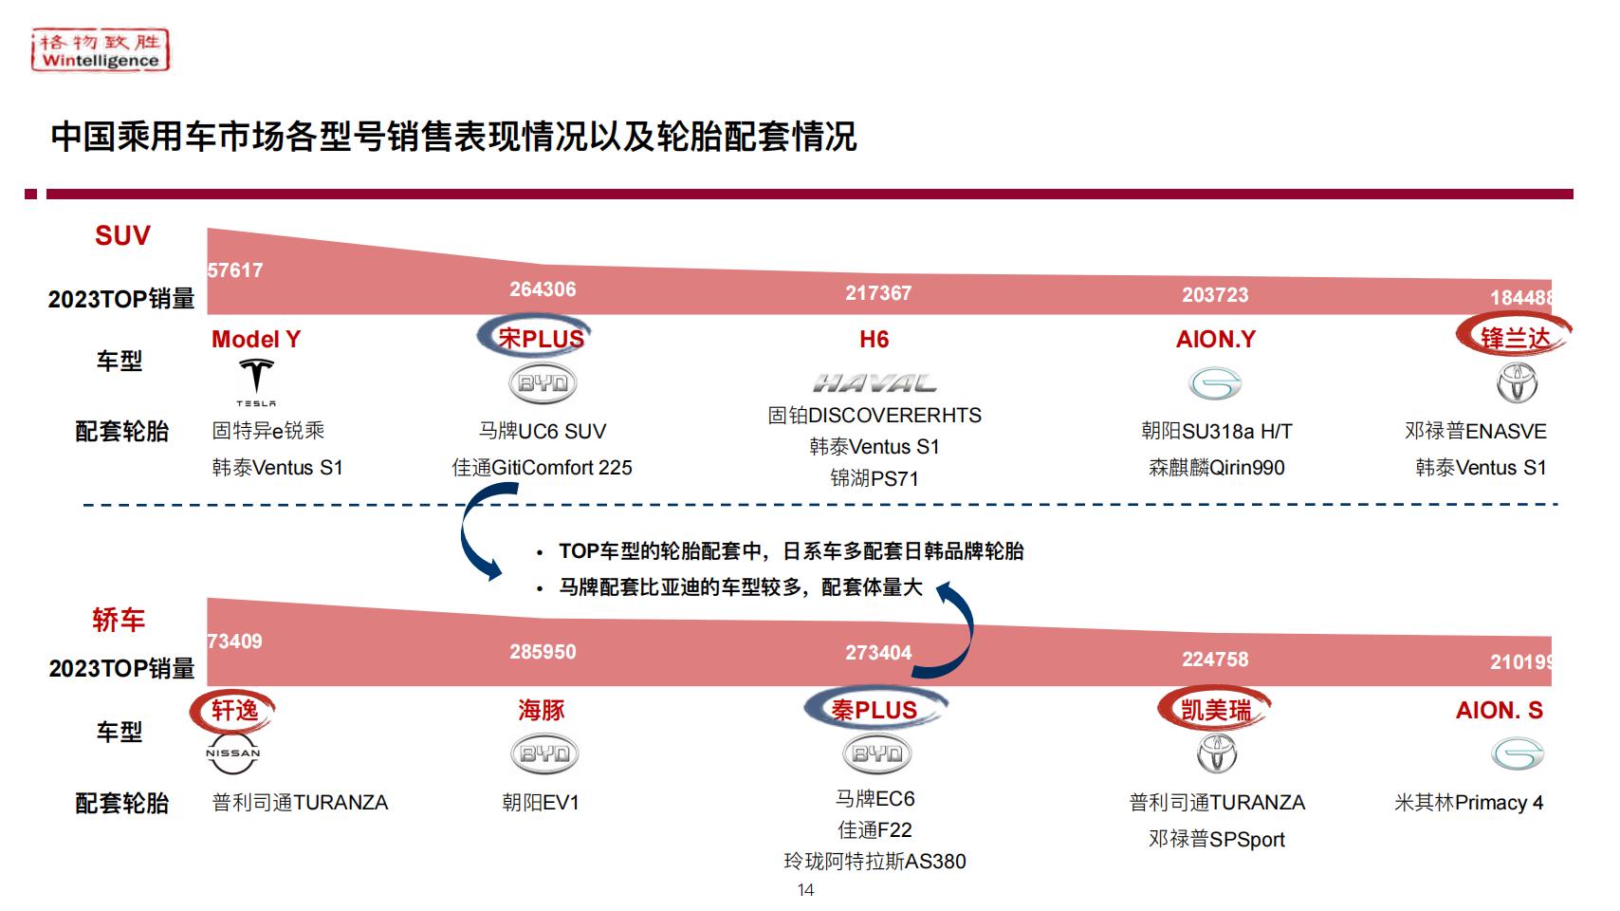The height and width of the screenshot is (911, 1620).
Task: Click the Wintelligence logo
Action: (x=100, y=49)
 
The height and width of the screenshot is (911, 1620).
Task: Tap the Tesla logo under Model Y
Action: (x=256, y=382)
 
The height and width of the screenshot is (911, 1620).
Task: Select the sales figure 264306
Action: (x=543, y=289)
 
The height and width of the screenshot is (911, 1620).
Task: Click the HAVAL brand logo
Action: (x=874, y=382)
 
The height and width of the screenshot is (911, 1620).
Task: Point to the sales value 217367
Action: (x=878, y=293)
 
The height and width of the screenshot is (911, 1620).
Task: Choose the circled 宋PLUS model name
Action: (x=541, y=339)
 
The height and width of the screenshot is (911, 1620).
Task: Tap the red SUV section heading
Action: (x=122, y=235)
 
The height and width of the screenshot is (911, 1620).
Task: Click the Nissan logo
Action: (x=232, y=753)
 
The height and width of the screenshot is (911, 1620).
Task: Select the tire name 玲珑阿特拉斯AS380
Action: (x=874, y=861)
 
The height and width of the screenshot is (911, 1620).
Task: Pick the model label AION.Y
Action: (x=1216, y=339)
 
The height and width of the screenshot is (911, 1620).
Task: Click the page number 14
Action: (x=805, y=890)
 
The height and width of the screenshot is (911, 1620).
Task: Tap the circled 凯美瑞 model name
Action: (x=1216, y=710)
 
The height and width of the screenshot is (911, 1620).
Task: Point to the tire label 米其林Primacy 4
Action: (x=1469, y=803)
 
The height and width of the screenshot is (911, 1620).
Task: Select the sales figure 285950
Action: (x=543, y=652)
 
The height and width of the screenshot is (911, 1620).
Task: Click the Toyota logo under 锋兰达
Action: (x=1517, y=382)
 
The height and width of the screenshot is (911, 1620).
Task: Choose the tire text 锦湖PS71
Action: (x=874, y=478)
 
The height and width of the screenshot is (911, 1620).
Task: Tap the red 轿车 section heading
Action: (x=119, y=620)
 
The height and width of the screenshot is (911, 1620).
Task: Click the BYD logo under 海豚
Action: (x=544, y=753)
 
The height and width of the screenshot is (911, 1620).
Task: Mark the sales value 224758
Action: (x=1215, y=660)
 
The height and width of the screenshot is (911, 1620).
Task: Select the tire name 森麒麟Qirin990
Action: (x=1217, y=468)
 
